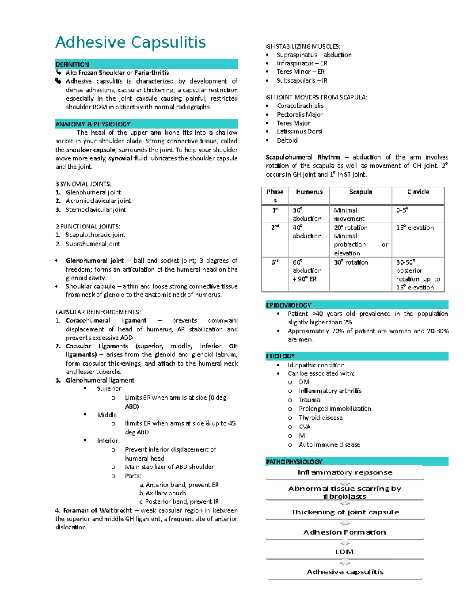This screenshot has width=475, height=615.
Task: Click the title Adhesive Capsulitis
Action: click(131, 42)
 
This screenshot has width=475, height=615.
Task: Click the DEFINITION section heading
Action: click(72, 64)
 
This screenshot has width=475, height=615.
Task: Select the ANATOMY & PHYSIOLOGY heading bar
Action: click(93, 124)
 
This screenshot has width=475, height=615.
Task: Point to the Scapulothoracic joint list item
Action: click(95, 235)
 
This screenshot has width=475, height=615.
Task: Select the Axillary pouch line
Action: click(165, 493)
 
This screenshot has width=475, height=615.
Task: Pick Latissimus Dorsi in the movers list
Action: click(299, 131)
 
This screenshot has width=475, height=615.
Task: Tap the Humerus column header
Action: click(309, 192)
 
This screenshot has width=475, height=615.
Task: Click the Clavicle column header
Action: click(418, 192)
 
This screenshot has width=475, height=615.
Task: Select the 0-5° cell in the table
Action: click(402, 210)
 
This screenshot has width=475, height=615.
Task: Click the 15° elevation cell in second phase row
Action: click(415, 228)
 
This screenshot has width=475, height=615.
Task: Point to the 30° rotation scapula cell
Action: click(351, 262)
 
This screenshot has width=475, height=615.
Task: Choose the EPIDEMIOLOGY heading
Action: click(289, 305)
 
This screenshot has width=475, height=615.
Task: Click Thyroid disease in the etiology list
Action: click(321, 418)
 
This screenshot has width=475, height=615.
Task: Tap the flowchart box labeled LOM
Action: click(344, 552)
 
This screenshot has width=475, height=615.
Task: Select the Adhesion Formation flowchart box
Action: click(344, 532)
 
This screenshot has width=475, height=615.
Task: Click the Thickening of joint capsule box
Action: click(345, 512)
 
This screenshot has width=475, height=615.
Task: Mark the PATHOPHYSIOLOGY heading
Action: click(294, 462)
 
